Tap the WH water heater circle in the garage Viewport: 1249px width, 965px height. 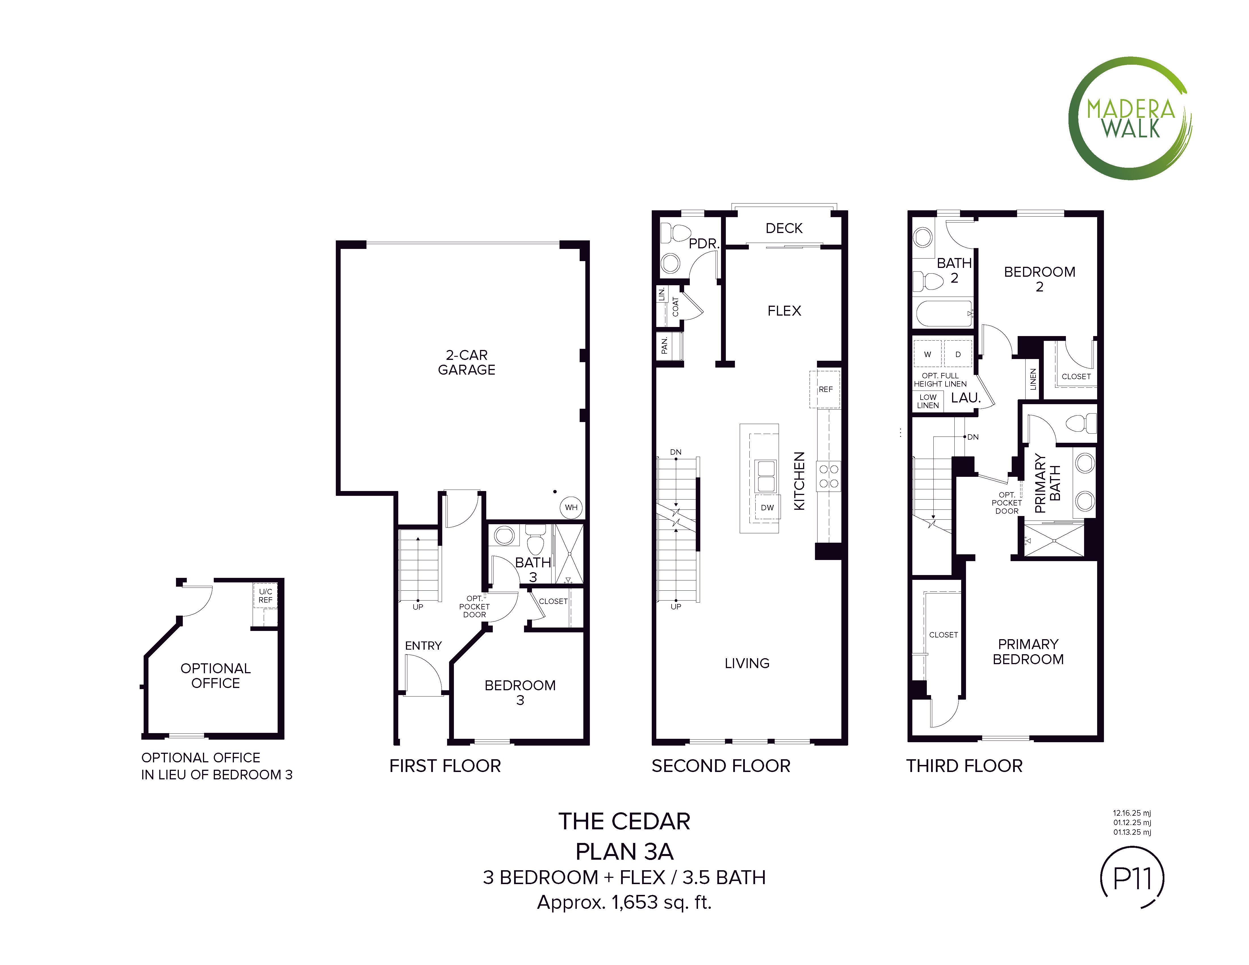pos(571,507)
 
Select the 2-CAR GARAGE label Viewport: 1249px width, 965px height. pos(467,362)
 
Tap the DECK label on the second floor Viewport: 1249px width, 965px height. pos(784,228)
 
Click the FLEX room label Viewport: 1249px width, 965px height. pos(784,311)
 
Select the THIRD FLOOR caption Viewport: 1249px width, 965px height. pos(964,766)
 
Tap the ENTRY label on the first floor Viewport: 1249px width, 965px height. pos(423,645)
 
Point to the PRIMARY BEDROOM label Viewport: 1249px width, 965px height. pos(1028,652)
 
